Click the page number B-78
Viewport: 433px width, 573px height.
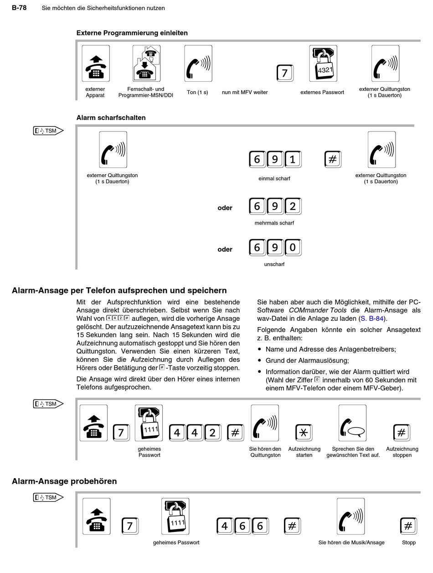[19, 8]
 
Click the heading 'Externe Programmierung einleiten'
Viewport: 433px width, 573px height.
[132, 33]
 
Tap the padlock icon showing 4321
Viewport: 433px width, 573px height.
[323, 63]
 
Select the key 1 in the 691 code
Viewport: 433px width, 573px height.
[293, 159]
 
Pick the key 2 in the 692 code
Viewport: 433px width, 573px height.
[293, 207]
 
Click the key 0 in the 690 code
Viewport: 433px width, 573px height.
[293, 248]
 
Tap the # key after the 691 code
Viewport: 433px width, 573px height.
[333, 159]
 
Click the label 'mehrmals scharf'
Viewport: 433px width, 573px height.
[274, 223]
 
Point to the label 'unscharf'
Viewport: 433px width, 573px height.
[274, 264]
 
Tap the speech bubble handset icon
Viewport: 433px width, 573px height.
[352, 423]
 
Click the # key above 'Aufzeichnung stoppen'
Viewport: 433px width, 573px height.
[402, 432]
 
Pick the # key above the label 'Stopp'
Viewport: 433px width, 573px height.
[408, 526]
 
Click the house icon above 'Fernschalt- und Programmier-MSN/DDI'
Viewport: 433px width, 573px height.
[146, 63]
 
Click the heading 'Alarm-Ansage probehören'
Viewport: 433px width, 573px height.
[64, 481]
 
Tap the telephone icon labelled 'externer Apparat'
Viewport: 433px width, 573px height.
[95, 63]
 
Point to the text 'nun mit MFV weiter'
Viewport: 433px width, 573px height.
[245, 92]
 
